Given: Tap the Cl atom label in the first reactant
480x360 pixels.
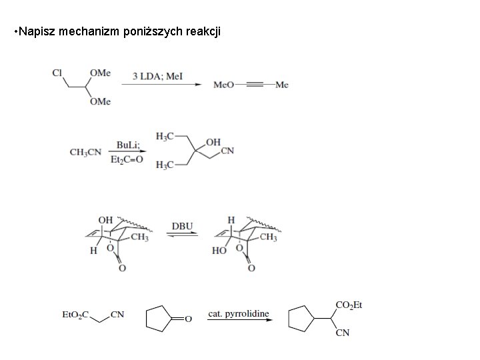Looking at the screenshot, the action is (x=58, y=73).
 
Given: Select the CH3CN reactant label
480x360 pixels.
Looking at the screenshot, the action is (x=86, y=152).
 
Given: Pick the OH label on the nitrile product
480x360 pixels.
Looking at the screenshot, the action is (x=213, y=142).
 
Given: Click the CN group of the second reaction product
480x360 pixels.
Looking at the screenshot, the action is (x=227, y=151).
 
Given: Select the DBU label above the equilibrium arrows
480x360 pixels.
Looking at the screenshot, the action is (x=182, y=226).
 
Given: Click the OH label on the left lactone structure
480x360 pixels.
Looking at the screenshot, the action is (x=105, y=219).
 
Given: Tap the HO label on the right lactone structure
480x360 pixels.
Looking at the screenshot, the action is (x=219, y=251).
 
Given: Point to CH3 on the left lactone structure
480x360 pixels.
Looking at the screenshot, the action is (x=139, y=237).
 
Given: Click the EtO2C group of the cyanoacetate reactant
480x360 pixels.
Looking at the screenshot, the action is (x=75, y=313).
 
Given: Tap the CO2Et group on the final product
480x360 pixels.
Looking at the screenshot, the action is (x=349, y=305).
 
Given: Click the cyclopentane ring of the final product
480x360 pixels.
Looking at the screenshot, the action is (x=301, y=319).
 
